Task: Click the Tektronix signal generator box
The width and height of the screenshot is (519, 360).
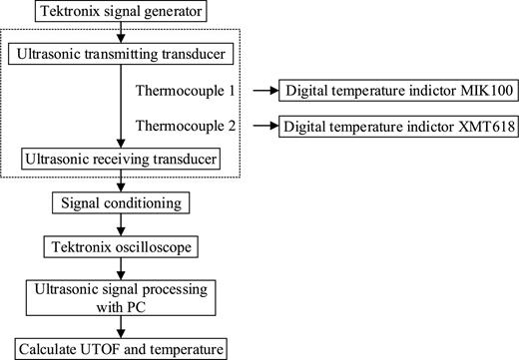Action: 121,13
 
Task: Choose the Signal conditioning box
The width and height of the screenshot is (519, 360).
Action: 121,203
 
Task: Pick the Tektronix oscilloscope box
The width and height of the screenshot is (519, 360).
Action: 121,245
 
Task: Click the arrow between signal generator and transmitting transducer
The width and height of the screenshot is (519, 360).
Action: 121,32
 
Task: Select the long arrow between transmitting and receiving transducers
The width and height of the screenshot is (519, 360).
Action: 121,104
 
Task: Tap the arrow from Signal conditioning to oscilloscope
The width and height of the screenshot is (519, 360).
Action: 121,224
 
